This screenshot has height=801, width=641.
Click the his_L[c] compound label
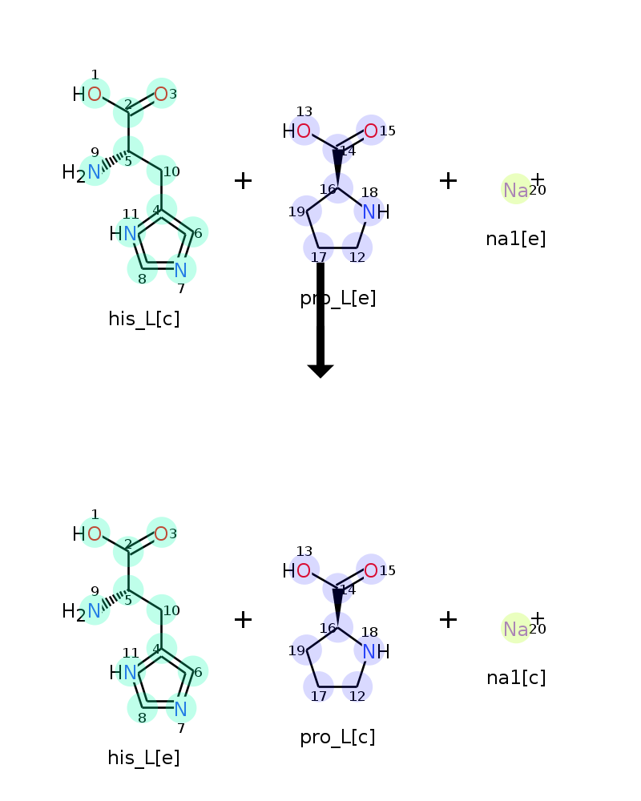[x=143, y=319]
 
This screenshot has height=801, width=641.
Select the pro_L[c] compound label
[x=337, y=737]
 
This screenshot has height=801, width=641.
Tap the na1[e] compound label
[x=516, y=239]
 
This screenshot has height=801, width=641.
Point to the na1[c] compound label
[x=516, y=678]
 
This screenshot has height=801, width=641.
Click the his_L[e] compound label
[x=143, y=758]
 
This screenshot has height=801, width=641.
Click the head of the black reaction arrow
[x=320, y=372]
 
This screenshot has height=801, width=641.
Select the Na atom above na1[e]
[x=516, y=190]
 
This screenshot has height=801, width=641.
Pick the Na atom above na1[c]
[x=516, y=630]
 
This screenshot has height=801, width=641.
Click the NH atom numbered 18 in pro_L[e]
[x=376, y=211]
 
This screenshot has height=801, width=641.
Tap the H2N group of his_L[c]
[x=81, y=173]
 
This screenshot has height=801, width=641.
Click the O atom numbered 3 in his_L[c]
[x=161, y=94]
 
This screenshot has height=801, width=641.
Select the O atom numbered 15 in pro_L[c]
[x=371, y=570]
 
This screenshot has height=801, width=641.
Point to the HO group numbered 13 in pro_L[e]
[x=297, y=131]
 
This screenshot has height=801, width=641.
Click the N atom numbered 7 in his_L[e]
[x=180, y=709]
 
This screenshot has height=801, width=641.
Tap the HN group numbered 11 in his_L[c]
[x=123, y=234]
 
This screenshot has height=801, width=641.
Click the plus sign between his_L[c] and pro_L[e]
[x=244, y=181]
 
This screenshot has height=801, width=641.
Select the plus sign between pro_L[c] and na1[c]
[x=448, y=620]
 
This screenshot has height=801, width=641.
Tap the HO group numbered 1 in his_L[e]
[x=87, y=534]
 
